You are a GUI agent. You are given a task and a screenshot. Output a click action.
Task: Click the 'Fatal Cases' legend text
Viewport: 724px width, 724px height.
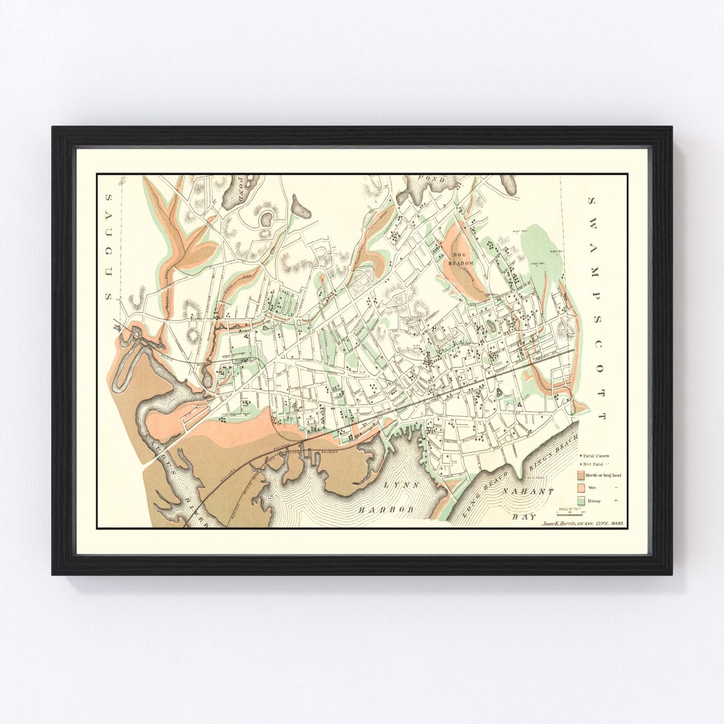tap(597, 456)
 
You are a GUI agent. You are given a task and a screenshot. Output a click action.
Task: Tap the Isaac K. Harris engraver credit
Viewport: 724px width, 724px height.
tap(581, 522)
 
